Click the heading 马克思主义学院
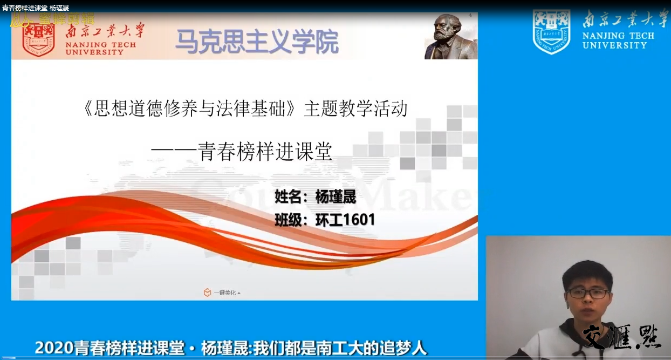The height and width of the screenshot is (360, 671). [257, 42]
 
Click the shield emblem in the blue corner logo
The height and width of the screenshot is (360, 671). [551, 31]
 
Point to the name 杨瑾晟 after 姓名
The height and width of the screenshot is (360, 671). [335, 197]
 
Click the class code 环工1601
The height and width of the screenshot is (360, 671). [345, 220]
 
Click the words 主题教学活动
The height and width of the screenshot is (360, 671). [355, 109]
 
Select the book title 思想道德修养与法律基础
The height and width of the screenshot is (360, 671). [190, 109]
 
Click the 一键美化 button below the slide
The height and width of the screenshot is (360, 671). [223, 293]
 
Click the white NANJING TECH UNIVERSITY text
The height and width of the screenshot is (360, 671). [618, 40]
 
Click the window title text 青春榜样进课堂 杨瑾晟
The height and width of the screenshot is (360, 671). [36, 8]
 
